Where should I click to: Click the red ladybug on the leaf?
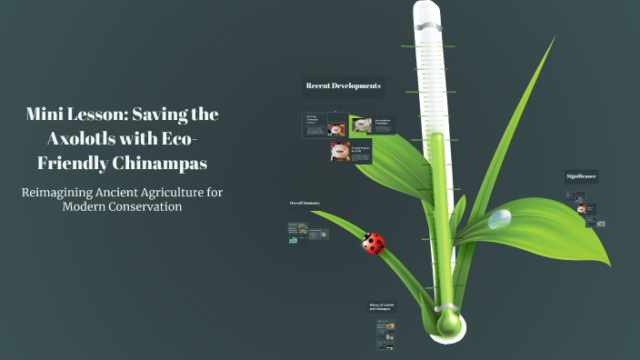374,243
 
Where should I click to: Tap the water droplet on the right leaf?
499,218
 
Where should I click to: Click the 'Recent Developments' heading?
343,86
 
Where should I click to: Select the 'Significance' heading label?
581,175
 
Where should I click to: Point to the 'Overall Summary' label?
305,203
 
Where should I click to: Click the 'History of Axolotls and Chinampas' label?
383,307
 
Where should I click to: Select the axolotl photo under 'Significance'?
582,208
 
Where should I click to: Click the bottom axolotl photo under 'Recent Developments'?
340,152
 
